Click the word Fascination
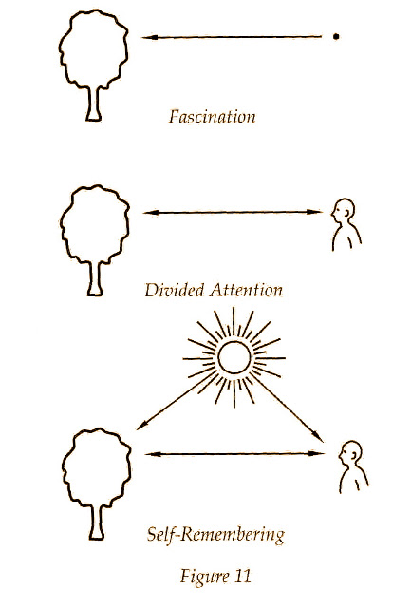tap(212, 117)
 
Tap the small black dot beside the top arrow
tap(336, 37)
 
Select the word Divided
tap(175, 290)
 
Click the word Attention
tap(247, 290)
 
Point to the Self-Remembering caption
tap(215, 535)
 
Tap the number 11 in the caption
tap(243, 576)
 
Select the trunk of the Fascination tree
tap(94, 104)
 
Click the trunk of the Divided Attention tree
tap(95, 278)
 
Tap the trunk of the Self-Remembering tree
tap(97, 522)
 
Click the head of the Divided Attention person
tap(343, 210)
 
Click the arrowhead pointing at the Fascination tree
tap(149, 38)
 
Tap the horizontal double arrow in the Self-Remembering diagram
tap(234, 454)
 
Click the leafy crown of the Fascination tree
tap(94, 48)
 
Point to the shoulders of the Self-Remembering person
tap(354, 480)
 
